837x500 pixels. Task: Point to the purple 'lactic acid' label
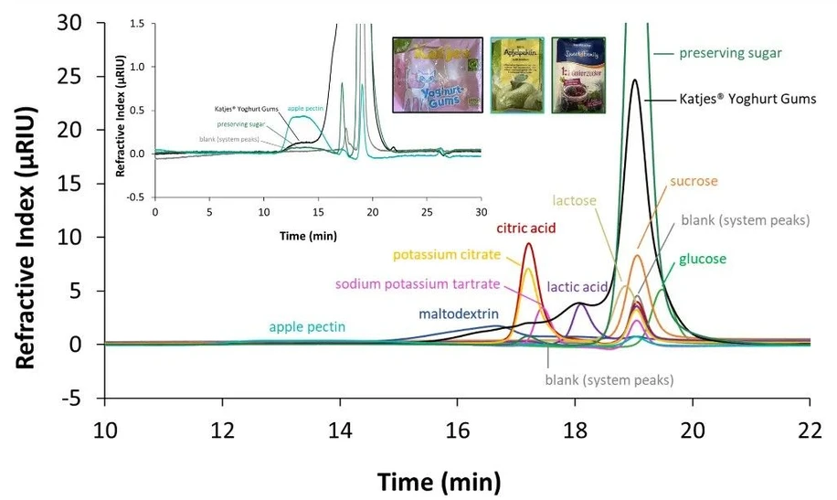(577, 287)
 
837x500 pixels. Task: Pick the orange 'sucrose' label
(694, 181)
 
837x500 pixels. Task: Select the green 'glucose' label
(702, 259)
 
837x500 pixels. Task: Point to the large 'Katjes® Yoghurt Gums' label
(747, 99)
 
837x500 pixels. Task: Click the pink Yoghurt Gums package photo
(437, 74)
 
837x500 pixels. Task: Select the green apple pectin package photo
(516, 74)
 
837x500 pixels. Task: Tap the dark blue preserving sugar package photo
(578, 74)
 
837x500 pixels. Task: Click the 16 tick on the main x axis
(458, 429)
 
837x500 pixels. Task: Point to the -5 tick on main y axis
(79, 399)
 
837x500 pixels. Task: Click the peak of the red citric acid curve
(529, 243)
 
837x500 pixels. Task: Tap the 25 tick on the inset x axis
(427, 211)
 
